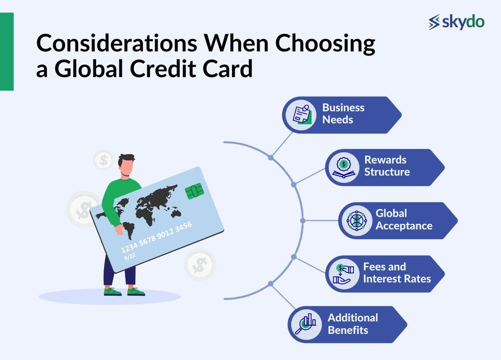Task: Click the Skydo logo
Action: point(456,22)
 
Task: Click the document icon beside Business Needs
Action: point(302,115)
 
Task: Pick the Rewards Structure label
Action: point(387,166)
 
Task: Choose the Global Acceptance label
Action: point(404,219)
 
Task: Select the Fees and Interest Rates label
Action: point(396,273)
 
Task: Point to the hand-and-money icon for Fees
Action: point(343,274)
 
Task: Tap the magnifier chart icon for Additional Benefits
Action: point(306,324)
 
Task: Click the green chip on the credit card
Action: point(195,191)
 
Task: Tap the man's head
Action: point(127,165)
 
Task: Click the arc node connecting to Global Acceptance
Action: point(303,221)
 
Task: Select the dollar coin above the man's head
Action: point(103,160)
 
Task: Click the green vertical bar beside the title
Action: point(7,51)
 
